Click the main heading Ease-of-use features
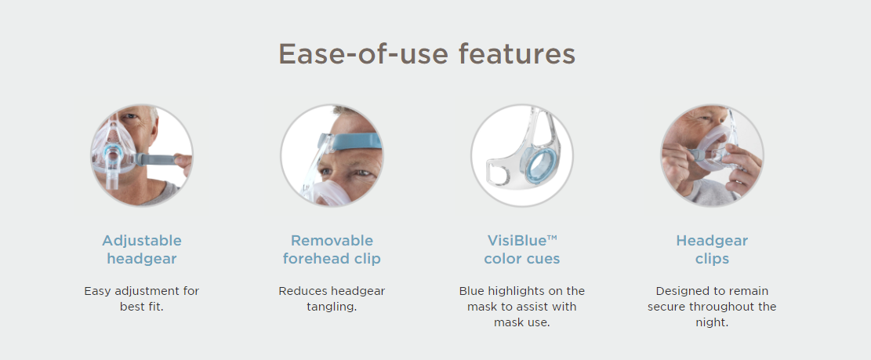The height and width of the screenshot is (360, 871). [x=426, y=54]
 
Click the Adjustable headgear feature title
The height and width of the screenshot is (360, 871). [x=142, y=249]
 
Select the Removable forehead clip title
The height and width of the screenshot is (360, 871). [x=332, y=249]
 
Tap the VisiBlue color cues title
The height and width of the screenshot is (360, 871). [x=522, y=249]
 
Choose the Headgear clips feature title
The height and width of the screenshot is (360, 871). [x=712, y=249]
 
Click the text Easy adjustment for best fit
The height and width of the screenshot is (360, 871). [x=142, y=299]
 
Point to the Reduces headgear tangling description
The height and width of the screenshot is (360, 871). [x=332, y=299]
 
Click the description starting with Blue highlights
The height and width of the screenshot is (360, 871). [x=522, y=307]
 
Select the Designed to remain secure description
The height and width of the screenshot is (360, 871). [x=712, y=307]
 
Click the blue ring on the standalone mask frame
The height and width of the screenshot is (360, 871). [x=528, y=165]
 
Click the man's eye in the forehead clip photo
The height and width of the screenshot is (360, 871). [x=362, y=173]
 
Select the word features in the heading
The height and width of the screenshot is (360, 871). [x=517, y=54]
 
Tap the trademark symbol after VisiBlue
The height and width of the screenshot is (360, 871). [x=552, y=238]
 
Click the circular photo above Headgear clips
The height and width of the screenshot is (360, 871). [x=712, y=155]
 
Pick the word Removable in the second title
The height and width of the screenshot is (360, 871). [x=332, y=241]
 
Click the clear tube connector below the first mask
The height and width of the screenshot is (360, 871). [x=113, y=176]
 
